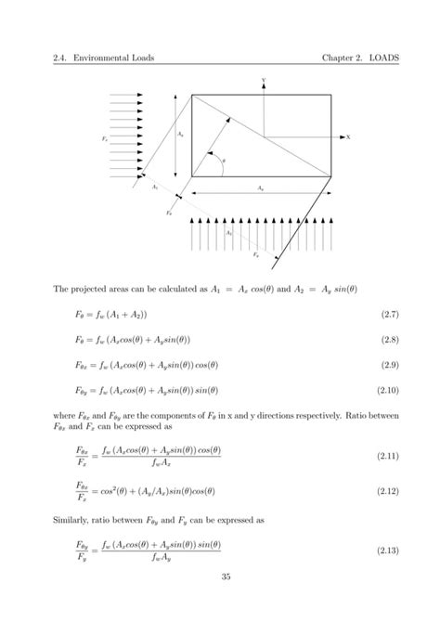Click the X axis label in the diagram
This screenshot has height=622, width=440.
[x=347, y=136]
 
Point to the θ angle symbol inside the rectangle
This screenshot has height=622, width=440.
[x=222, y=160]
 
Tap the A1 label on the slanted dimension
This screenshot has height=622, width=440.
[x=155, y=187]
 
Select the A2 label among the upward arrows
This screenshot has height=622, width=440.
[x=228, y=233]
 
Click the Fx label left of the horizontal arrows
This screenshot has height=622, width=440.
[x=104, y=137]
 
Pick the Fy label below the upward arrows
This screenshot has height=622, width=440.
[x=256, y=253]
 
